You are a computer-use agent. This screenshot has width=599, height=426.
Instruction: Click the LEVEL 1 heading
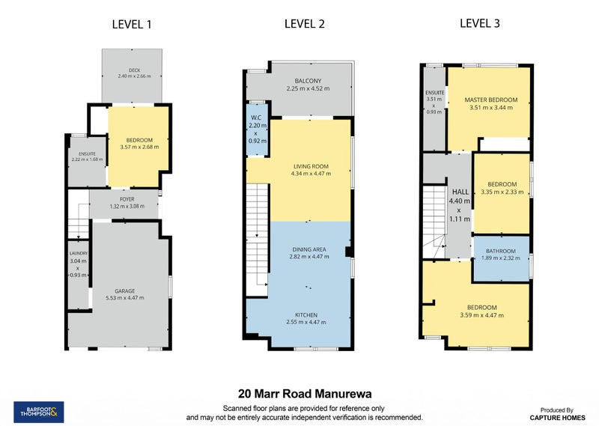point(132,25)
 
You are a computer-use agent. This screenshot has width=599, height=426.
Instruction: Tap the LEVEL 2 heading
point(305,24)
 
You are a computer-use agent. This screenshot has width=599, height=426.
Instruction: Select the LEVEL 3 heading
point(480,23)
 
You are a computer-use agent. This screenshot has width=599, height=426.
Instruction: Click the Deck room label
point(135,70)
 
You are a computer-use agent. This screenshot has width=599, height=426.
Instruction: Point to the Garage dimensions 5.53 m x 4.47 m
point(125,298)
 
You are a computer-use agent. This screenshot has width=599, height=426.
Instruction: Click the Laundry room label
point(79,253)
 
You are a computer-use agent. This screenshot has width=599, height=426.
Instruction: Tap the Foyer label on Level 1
point(127,199)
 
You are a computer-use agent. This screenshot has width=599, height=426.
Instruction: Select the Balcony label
point(308,81)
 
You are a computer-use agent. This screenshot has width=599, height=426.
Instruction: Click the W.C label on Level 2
point(256,118)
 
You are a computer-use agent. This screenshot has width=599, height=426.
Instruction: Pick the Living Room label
point(311,166)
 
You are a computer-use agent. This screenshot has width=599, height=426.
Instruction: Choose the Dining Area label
point(309,249)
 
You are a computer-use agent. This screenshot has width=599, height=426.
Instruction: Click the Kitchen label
point(306,315)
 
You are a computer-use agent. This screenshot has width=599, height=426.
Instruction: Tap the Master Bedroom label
point(491,100)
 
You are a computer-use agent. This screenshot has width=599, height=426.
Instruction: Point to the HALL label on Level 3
point(460,192)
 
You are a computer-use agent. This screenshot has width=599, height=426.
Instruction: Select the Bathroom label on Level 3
point(501,251)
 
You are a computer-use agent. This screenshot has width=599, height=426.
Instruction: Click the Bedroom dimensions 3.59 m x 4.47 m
point(481,315)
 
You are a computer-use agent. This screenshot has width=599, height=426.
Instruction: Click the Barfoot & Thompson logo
point(39,412)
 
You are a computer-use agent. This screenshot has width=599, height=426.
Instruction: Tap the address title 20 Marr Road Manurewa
point(305,394)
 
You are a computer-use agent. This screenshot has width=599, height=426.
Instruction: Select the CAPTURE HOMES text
point(557,418)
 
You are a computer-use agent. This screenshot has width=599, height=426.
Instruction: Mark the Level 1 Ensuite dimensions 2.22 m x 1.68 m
point(87,159)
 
